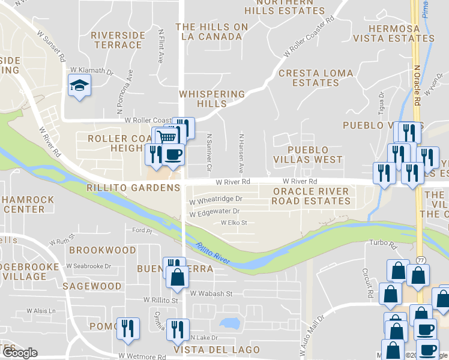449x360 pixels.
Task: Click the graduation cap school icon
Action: click(x=79, y=87)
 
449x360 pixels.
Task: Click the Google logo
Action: click(x=20, y=353)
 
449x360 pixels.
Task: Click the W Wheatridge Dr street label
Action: click(x=216, y=199)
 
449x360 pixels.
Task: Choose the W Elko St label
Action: click(x=234, y=223)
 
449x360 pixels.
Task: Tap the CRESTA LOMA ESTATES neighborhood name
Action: click(x=309, y=77)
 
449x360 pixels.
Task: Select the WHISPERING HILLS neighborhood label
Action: click(x=212, y=99)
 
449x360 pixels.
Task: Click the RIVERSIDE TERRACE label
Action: click(x=118, y=40)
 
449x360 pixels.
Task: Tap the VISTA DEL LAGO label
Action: click(x=217, y=350)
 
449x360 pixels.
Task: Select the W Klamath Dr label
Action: click(x=91, y=71)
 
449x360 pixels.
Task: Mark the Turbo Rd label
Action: click(x=384, y=245)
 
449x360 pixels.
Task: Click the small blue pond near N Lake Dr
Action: click(x=229, y=324)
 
